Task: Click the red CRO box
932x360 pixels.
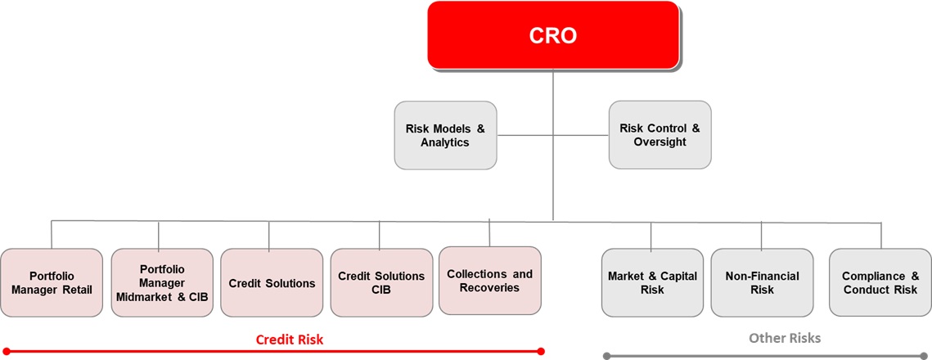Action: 553,35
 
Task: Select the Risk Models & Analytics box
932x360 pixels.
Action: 446,136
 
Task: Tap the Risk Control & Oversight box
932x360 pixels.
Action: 660,135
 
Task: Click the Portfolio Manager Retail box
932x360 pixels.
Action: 52,283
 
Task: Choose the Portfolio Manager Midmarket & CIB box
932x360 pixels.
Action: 162,283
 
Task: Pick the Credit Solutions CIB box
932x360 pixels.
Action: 381,283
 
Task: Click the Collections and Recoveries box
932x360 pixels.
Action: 490,281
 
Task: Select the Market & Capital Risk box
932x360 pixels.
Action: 653,283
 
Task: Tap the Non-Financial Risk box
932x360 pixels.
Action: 762,283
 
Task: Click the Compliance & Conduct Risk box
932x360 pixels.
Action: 880,283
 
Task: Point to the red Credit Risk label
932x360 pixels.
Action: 290,340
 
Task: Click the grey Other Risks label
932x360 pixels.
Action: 785,338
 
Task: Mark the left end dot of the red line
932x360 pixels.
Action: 7,352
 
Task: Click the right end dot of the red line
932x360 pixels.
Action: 540,351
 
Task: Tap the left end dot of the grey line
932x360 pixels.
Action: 607,356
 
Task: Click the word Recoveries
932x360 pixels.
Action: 490,288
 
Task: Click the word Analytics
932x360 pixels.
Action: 445,142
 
